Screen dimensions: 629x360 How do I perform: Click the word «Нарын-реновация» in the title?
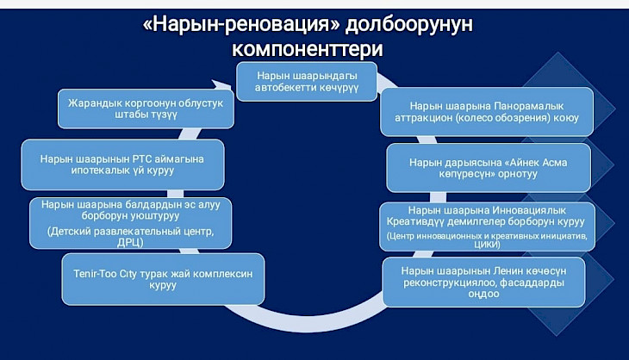click(x=241, y=24)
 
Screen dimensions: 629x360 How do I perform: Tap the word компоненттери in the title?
click(x=308, y=49)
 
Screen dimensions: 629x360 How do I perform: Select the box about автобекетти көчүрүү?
click(x=307, y=81)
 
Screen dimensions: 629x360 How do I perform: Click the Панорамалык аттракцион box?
click(x=487, y=112)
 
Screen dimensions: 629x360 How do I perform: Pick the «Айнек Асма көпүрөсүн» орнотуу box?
click(x=489, y=168)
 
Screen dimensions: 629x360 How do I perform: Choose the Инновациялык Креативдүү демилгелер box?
click(x=487, y=227)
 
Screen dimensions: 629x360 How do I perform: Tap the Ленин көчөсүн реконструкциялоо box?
click(x=483, y=282)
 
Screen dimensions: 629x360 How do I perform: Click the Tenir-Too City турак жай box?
click(x=163, y=279)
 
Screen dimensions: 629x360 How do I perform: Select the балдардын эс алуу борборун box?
click(x=130, y=223)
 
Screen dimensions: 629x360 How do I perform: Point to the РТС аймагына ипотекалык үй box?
click(x=122, y=164)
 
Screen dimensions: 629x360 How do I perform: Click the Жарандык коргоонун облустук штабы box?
click(x=146, y=109)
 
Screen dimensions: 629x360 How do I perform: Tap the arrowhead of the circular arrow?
click(x=221, y=85)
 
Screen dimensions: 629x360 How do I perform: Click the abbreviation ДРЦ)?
click(x=130, y=243)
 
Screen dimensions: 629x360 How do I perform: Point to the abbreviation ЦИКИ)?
click(x=487, y=244)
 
